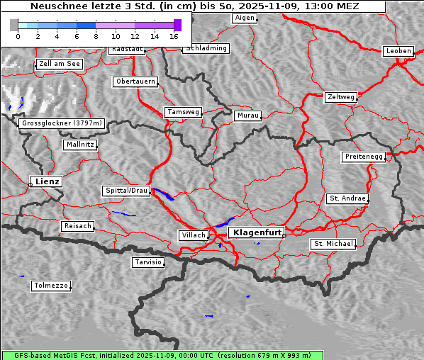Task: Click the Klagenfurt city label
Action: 257,232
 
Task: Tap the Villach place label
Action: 193,235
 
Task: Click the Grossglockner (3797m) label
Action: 62,123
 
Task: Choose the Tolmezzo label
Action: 50,286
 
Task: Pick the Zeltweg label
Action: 341,96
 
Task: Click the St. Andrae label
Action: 347,198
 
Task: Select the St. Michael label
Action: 333,244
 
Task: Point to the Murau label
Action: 248,115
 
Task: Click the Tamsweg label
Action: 184,112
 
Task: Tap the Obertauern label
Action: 135,81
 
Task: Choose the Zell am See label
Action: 60,64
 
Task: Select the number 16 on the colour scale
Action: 174,35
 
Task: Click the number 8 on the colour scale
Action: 96,35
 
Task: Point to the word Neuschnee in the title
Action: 54,6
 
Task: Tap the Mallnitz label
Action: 79,144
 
